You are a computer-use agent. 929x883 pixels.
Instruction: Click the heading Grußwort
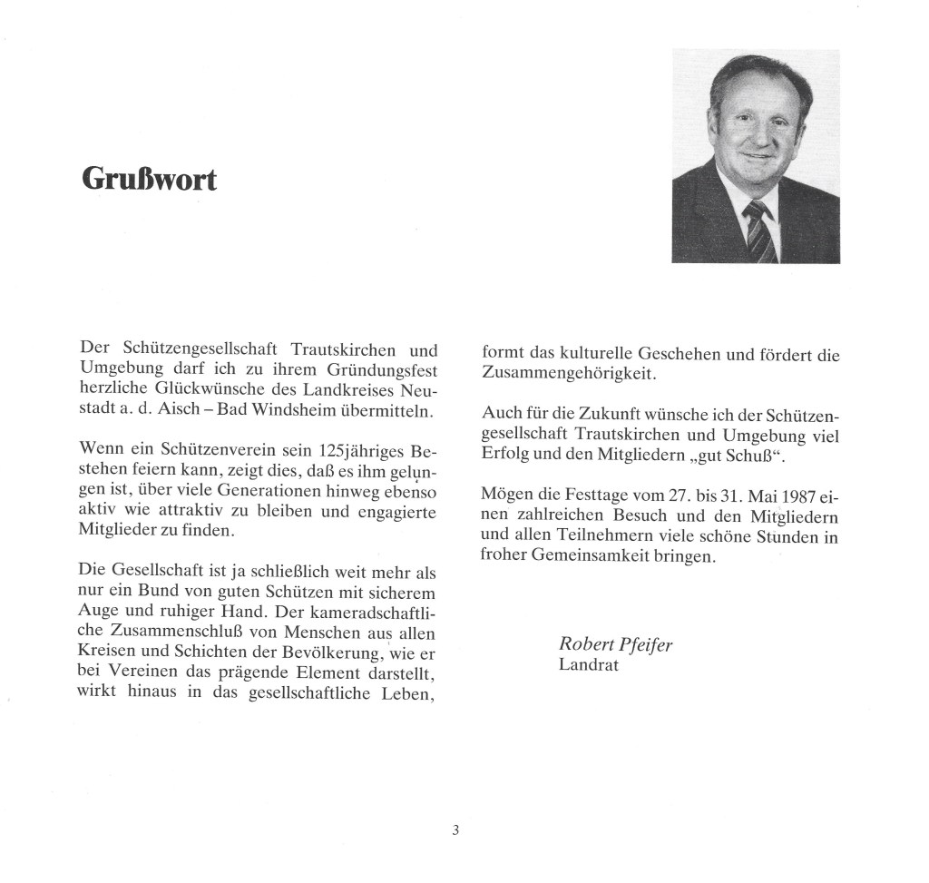point(150,179)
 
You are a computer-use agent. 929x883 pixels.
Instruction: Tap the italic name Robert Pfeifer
point(615,644)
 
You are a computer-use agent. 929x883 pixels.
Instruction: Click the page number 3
point(455,829)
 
